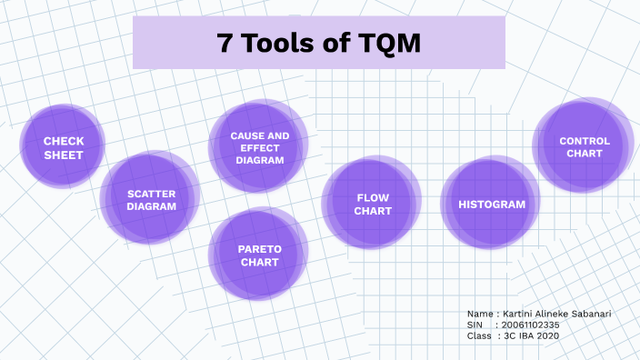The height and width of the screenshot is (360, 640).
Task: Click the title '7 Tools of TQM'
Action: pos(318,43)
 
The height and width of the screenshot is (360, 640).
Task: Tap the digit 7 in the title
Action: pos(224,43)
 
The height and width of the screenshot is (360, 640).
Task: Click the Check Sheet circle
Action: pos(63,147)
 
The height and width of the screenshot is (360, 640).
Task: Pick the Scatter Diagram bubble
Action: pos(150,199)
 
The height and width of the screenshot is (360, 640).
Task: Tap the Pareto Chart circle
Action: pos(259,255)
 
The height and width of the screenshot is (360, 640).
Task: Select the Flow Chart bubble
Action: pos(372,204)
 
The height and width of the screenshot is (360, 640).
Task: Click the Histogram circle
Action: pos(491,204)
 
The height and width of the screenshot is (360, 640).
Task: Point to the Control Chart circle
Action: pos(584,147)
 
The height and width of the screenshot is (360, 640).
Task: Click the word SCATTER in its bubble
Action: pos(152,193)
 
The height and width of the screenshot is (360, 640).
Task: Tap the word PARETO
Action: pos(260,248)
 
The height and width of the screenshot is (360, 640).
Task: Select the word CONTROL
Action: pos(585,141)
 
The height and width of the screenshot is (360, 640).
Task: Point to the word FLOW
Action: pos(373,197)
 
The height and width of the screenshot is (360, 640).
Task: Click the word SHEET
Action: pos(64,155)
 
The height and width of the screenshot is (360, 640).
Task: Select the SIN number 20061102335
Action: pos(531,325)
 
